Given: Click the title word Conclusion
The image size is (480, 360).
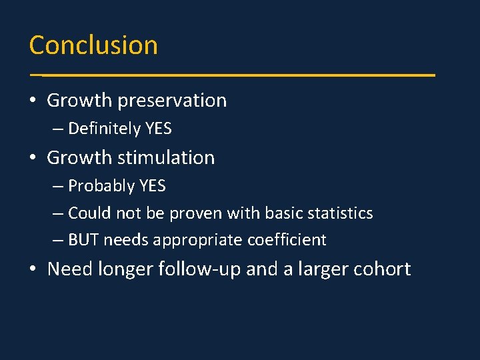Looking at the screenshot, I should point(93,45).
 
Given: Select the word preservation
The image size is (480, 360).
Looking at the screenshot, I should point(172,101).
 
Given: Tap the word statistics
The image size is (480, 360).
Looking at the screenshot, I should point(337,213).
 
